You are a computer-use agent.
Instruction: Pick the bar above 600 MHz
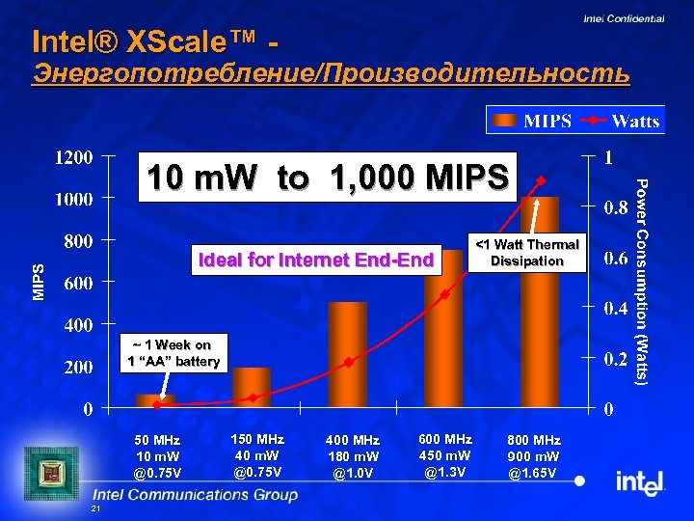click(x=443, y=328)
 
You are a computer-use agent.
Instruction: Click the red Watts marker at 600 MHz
click(x=444, y=294)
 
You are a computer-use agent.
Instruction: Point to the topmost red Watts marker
click(x=541, y=179)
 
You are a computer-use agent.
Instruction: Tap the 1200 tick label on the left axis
click(x=73, y=156)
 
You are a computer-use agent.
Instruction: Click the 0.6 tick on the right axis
click(x=617, y=258)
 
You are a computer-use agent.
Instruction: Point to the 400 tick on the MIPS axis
click(x=78, y=325)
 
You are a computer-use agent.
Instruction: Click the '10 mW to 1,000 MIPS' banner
click(x=328, y=178)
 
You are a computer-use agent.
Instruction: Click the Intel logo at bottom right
click(x=640, y=481)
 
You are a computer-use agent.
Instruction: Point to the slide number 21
click(x=94, y=508)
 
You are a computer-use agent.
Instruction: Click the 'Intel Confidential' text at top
click(x=624, y=18)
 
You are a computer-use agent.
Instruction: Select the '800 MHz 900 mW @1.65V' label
click(x=533, y=455)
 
